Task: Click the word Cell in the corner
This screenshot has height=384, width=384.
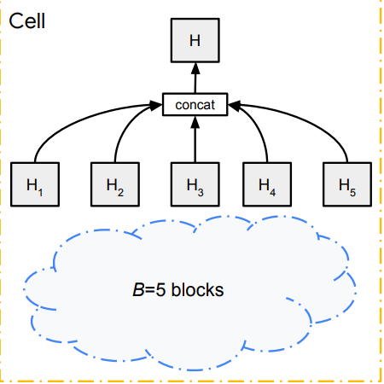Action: tap(27, 21)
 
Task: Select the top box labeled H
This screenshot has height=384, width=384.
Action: tap(195, 40)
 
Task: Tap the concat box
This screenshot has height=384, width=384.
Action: tap(195, 104)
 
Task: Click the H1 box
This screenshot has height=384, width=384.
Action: tap(35, 184)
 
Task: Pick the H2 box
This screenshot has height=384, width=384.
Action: tap(115, 184)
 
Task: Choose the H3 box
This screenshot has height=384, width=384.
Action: tap(195, 184)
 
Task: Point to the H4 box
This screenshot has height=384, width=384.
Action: tap(267, 184)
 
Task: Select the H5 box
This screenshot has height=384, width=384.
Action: tap(347, 184)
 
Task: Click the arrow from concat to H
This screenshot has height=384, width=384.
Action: tap(195, 78)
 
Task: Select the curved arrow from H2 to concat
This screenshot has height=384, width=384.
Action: tap(125, 125)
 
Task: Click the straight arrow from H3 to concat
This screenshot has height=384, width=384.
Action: tap(195, 139)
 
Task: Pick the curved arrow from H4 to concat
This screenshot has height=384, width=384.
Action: tap(257, 125)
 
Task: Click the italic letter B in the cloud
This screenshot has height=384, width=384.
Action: tap(138, 290)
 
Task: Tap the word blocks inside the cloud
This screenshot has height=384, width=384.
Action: tap(198, 289)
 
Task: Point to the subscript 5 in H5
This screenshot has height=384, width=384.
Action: tap(352, 193)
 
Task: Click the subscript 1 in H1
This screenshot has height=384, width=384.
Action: tap(40, 193)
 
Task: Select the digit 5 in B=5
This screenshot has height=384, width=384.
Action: tap(160, 290)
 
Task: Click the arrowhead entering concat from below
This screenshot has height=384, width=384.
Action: tap(195, 122)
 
